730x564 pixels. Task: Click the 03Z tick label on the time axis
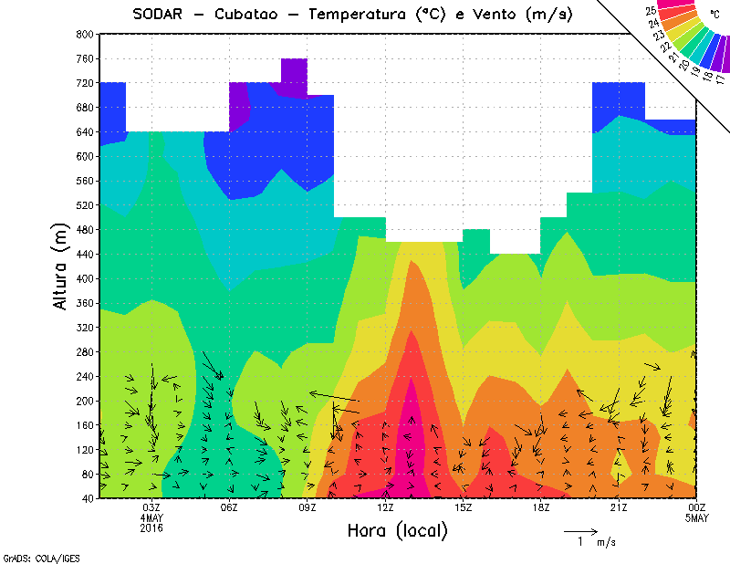pos(151,507)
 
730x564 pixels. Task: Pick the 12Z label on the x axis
pos(385,507)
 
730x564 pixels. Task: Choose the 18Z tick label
pos(541,507)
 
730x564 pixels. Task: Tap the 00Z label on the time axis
pos(697,507)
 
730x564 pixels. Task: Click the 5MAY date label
pos(697,518)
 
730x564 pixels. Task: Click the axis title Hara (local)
pos(397,530)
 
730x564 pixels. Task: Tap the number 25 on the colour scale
pos(650,11)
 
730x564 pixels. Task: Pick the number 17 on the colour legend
pos(721,79)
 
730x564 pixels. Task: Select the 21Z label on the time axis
pos(619,507)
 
